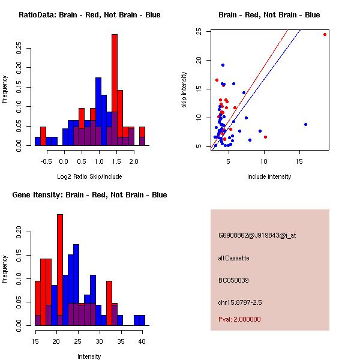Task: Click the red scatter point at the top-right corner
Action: [325, 34]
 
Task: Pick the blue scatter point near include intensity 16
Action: [305, 124]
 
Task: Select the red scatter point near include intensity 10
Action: [265, 137]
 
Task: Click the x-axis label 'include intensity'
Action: [269, 176]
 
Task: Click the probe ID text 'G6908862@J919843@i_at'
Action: [257, 235]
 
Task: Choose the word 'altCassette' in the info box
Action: [234, 258]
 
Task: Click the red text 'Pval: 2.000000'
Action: [240, 319]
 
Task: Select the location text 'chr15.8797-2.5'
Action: [241, 302]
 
